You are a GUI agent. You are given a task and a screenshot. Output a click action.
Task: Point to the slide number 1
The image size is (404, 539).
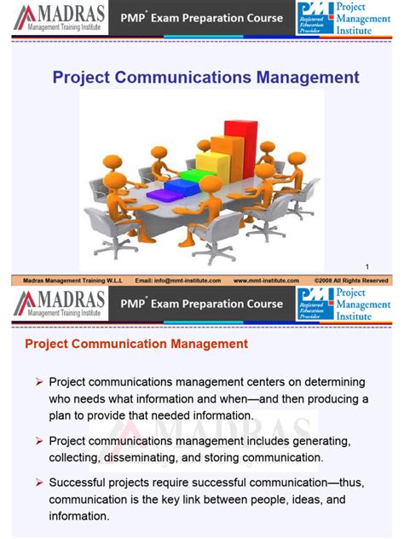(x=367, y=264)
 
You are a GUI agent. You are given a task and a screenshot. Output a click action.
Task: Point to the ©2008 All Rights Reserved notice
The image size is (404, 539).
(x=351, y=280)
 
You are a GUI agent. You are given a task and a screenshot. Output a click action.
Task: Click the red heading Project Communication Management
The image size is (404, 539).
(x=136, y=345)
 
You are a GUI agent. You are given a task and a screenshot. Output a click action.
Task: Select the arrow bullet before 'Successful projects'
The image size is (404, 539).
(x=39, y=483)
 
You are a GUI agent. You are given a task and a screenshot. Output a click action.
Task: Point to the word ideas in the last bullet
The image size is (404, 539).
(x=307, y=500)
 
